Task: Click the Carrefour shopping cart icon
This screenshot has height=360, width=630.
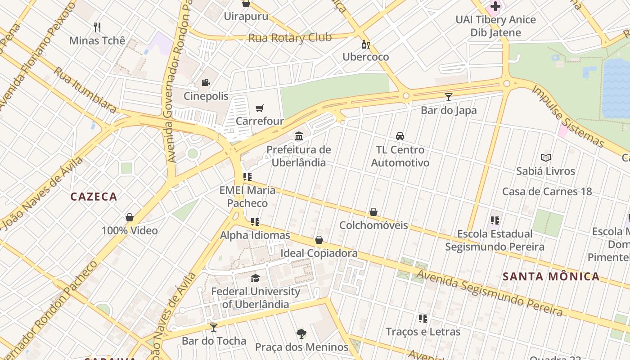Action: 260,108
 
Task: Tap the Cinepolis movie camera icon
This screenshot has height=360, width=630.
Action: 206,83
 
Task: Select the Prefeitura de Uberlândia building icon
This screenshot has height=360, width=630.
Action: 298,136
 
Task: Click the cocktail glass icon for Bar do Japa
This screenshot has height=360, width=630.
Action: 448,97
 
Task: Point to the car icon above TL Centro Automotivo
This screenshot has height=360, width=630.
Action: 400,136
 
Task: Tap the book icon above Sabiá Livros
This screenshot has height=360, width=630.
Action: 545,158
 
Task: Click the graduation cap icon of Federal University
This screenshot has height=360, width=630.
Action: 255,278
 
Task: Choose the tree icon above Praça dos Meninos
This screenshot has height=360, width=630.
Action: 301,333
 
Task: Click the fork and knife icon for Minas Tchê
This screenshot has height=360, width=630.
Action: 97,27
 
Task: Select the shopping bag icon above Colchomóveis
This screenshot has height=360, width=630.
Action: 373,212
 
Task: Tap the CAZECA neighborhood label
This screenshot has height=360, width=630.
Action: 94,197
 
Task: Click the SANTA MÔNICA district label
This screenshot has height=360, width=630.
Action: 551,276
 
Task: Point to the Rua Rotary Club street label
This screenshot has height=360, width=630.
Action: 290,38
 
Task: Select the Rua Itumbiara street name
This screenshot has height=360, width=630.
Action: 85,90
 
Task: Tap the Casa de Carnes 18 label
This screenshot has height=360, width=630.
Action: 547,191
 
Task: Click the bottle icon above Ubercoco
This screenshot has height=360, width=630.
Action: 365,44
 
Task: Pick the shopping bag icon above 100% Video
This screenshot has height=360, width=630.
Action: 130,218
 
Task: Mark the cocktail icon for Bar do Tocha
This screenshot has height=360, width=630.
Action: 214,327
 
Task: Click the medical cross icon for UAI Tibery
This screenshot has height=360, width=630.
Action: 495,6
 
